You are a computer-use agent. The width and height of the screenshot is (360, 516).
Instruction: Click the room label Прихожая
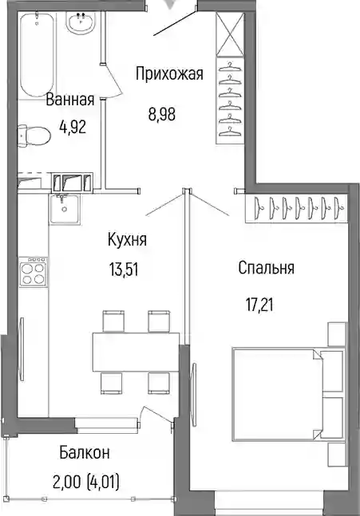tap(169, 73)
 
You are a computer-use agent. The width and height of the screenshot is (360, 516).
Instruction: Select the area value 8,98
tap(162, 115)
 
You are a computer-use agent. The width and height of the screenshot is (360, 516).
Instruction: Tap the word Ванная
tap(70, 100)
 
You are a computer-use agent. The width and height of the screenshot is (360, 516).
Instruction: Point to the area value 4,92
tap(73, 126)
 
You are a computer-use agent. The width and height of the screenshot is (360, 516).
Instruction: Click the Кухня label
tap(127, 239)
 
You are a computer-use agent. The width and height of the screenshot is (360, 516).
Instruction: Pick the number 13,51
tap(124, 270)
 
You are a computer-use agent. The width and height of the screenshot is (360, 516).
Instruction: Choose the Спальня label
tap(266, 268)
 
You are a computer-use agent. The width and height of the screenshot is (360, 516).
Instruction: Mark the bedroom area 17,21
tap(259, 305)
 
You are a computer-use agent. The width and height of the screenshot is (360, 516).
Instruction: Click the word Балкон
tap(85, 453)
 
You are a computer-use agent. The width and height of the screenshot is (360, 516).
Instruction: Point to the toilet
tap(34, 135)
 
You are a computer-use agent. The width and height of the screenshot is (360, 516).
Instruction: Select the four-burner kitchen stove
tap(33, 271)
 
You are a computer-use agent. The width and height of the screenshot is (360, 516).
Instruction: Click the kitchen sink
tap(64, 209)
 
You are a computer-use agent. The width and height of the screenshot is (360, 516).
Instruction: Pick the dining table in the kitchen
tap(136, 352)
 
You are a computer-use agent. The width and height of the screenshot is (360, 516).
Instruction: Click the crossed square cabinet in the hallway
tap(230, 34)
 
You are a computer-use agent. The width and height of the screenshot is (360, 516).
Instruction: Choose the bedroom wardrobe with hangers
tap(296, 209)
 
